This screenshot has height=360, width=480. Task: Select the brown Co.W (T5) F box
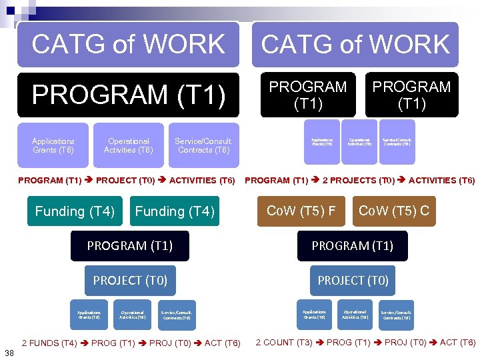point(301,211)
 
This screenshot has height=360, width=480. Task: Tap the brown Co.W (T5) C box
point(393,211)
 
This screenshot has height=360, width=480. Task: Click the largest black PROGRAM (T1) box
point(127,94)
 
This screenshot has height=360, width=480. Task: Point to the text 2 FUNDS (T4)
point(49,343)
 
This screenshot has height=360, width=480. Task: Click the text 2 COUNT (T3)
point(284,343)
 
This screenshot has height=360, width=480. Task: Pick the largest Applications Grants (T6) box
point(53,145)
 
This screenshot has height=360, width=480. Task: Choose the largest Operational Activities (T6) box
point(129,145)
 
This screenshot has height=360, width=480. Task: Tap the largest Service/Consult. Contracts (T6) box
point(204,145)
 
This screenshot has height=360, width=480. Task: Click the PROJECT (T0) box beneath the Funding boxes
point(130,281)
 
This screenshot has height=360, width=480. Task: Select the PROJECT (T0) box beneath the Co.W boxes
point(353,281)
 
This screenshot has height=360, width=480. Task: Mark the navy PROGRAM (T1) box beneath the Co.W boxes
point(353,246)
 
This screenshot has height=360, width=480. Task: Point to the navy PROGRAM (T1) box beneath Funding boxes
point(130,246)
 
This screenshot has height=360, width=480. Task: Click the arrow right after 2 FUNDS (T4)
point(84,343)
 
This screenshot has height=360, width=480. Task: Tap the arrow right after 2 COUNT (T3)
point(319,343)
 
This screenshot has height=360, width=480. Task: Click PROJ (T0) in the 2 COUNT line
point(407,343)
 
